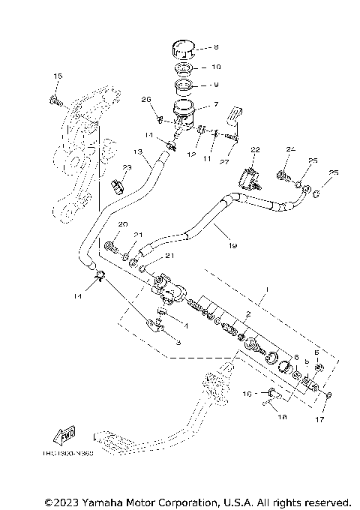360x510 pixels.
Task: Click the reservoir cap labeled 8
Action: (x=182, y=50)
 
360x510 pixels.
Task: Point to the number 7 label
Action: (x=216, y=106)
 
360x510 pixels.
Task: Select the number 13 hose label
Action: (x=137, y=151)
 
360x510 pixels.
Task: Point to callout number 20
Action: (x=124, y=225)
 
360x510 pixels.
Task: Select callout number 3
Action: (x=178, y=342)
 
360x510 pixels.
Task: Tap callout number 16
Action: (x=246, y=392)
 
